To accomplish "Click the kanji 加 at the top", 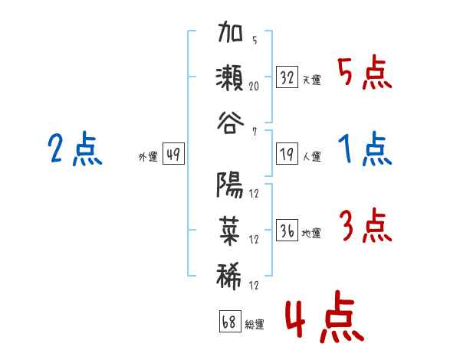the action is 230,36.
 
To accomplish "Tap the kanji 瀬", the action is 230,79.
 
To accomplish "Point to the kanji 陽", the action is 230,185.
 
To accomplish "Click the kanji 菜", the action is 230,228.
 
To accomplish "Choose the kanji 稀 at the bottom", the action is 230,272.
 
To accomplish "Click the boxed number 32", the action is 287,77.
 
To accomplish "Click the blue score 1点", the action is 365,150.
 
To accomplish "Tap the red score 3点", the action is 365,227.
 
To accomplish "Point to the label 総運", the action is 255,325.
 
